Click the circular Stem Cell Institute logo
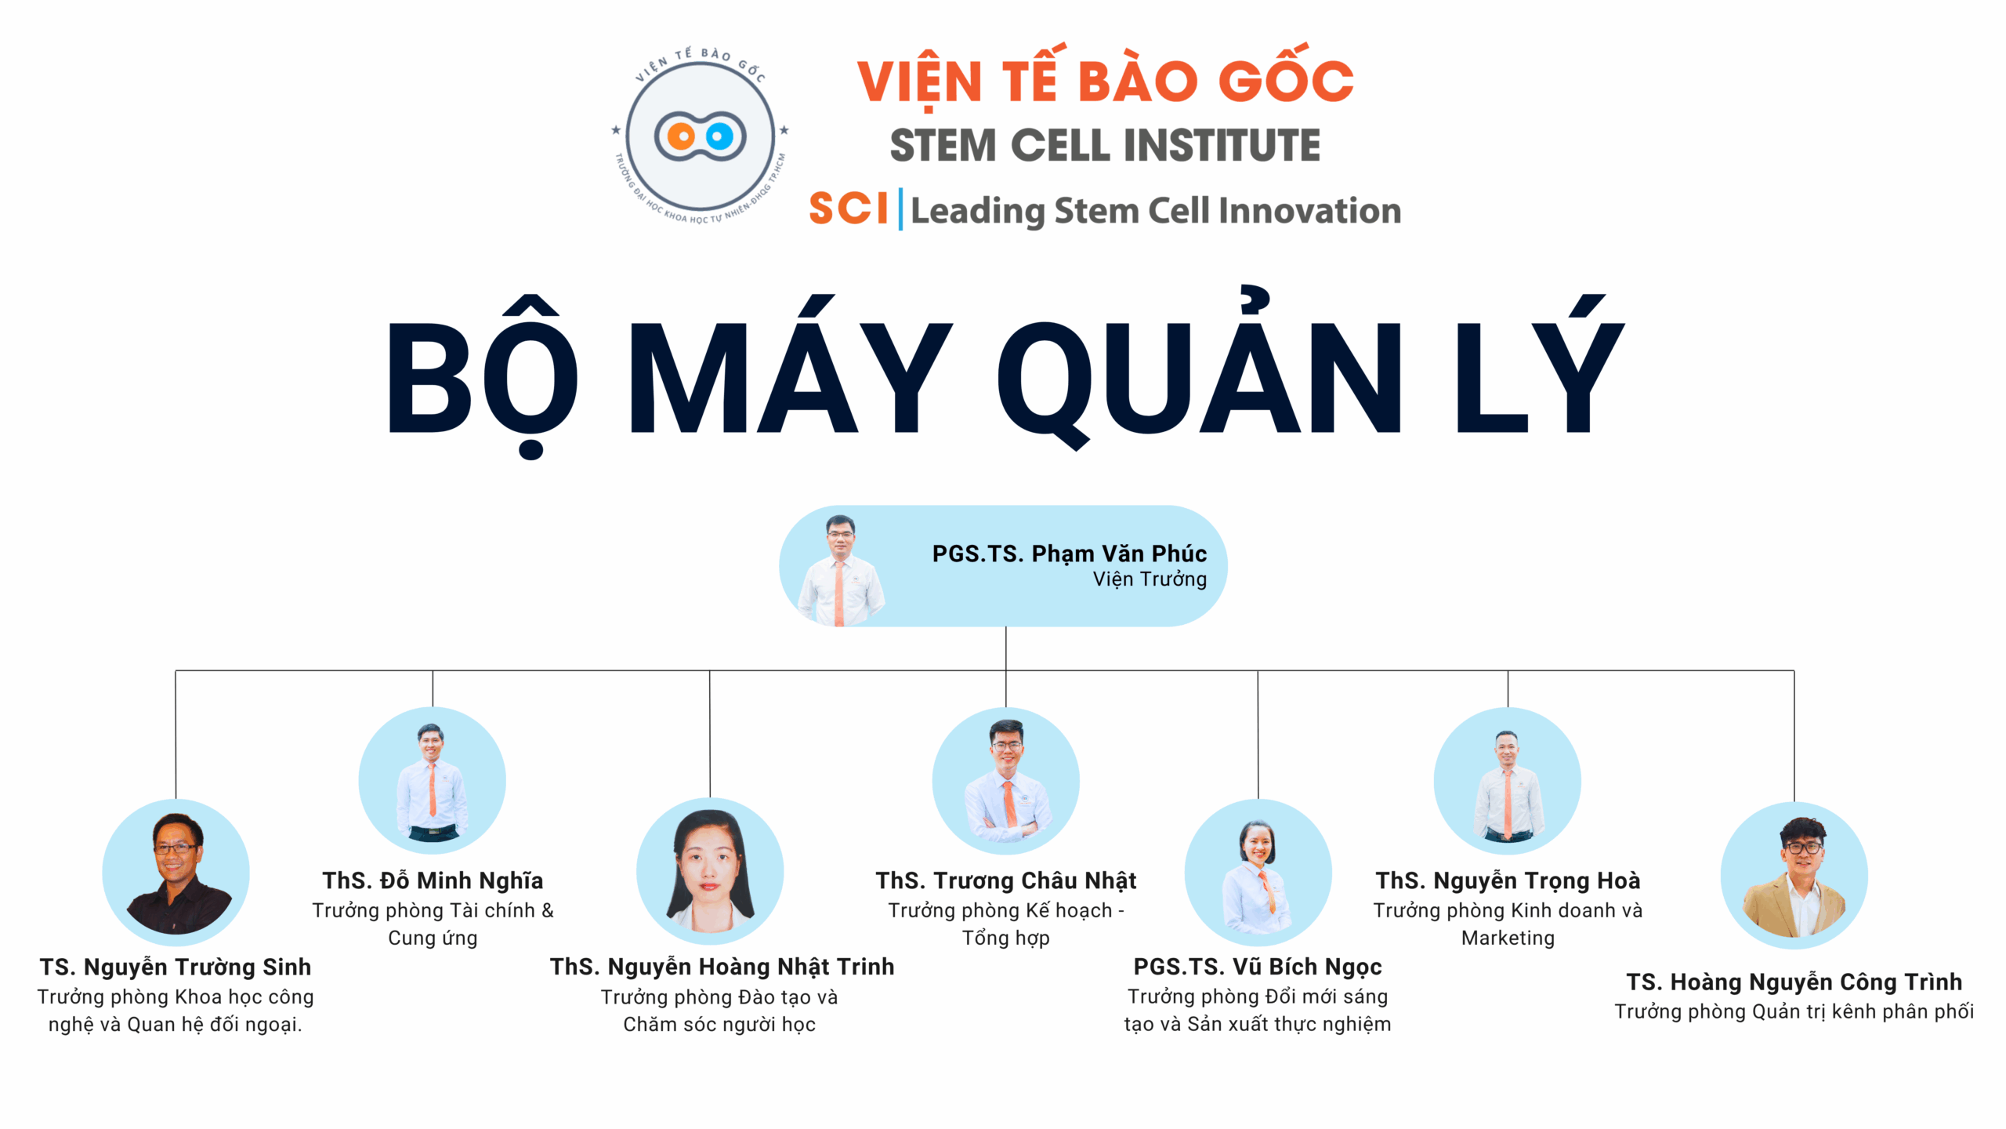(701, 135)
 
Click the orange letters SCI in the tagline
(849, 209)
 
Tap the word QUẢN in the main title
(1199, 368)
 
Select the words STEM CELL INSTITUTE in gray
(1105, 145)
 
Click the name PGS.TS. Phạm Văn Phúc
(1070, 554)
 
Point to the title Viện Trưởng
(1150, 579)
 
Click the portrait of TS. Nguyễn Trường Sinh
(176, 872)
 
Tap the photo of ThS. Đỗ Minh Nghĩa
(433, 780)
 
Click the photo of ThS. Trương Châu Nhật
(1006, 780)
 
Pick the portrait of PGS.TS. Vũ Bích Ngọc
(1258, 872)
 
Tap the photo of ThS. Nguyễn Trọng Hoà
(1508, 780)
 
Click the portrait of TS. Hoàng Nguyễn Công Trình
(1794, 875)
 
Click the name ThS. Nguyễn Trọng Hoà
(1508, 880)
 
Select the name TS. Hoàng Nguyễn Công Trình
(1794, 982)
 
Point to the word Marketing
(1508, 938)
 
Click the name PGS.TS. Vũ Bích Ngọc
(1258, 967)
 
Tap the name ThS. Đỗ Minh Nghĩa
(433, 880)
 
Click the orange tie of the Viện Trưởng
(839, 592)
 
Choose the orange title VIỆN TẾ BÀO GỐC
(1105, 78)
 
